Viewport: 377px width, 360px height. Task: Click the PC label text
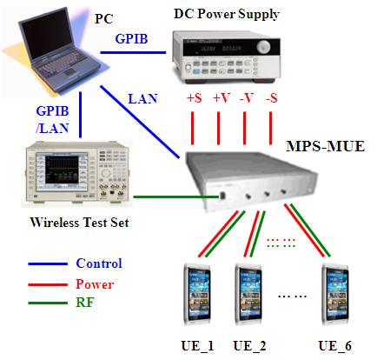coord(104,19)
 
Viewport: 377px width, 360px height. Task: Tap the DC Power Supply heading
coord(226,14)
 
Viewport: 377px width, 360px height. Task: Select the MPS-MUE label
coord(325,146)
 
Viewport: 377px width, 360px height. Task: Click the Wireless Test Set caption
coord(79,223)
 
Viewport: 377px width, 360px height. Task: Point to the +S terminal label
coord(195,98)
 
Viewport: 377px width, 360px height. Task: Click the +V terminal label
coord(222,98)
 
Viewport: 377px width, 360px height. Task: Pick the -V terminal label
coord(247,98)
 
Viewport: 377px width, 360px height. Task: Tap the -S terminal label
coord(271,98)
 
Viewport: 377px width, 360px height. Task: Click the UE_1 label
coord(197,346)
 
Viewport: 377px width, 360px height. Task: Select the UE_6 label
coord(334,346)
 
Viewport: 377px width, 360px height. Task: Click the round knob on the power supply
coord(264,46)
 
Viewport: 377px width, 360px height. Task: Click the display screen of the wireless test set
coord(62,170)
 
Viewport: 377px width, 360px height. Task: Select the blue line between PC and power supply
coord(133,52)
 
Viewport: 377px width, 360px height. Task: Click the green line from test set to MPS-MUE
coord(176,197)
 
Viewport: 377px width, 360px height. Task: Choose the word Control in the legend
coord(99,263)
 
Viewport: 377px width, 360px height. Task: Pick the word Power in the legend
coord(95,284)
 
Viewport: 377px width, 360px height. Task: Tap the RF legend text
coord(85,303)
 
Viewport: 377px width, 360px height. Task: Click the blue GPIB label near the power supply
coord(131,39)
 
